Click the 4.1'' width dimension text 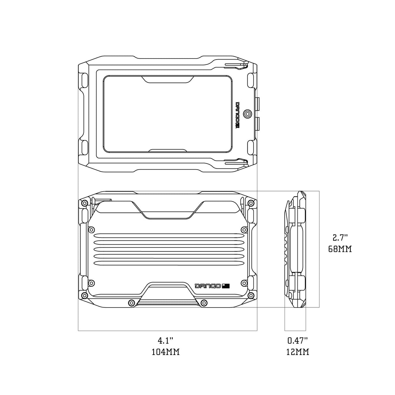[x=165, y=341]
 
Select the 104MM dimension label [x=165, y=352]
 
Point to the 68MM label [x=340, y=249]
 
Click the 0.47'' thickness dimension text [x=297, y=341]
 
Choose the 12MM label [x=297, y=352]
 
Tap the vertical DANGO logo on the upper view [x=238, y=115]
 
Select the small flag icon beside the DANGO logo [x=226, y=286]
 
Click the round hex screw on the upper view [x=248, y=114]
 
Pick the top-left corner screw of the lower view [x=85, y=203]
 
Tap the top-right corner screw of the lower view [x=251, y=203]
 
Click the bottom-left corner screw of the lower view [x=85, y=295]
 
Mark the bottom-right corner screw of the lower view [x=251, y=295]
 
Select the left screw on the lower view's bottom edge [x=131, y=303]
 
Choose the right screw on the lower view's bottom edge [x=204, y=303]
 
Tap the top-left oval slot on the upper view [x=84, y=80]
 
